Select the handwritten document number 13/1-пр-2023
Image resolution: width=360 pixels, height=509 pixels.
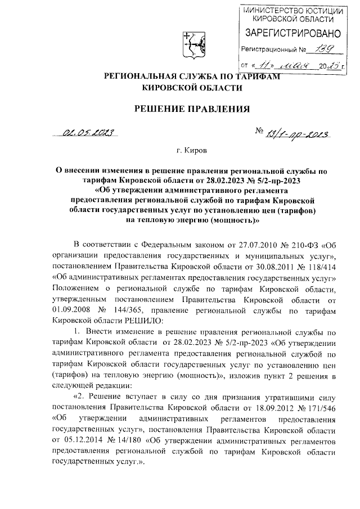[296, 133]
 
